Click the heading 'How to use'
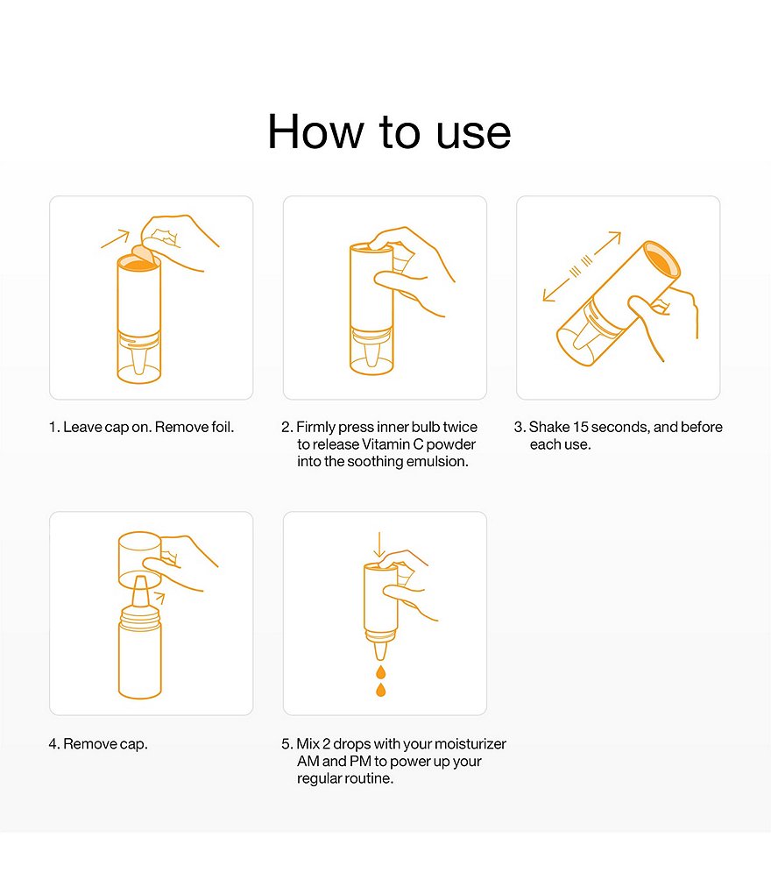point(389,131)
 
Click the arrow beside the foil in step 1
point(116,238)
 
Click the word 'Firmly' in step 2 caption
point(315,427)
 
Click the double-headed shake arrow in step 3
point(581,266)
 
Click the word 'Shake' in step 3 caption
point(548,427)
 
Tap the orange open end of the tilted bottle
point(661,260)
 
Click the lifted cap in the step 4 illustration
point(140,560)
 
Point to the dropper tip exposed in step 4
point(140,592)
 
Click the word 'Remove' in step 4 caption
point(89,744)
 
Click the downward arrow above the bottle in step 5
point(379,544)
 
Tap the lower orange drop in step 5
point(380,689)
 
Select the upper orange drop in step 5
point(380,671)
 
